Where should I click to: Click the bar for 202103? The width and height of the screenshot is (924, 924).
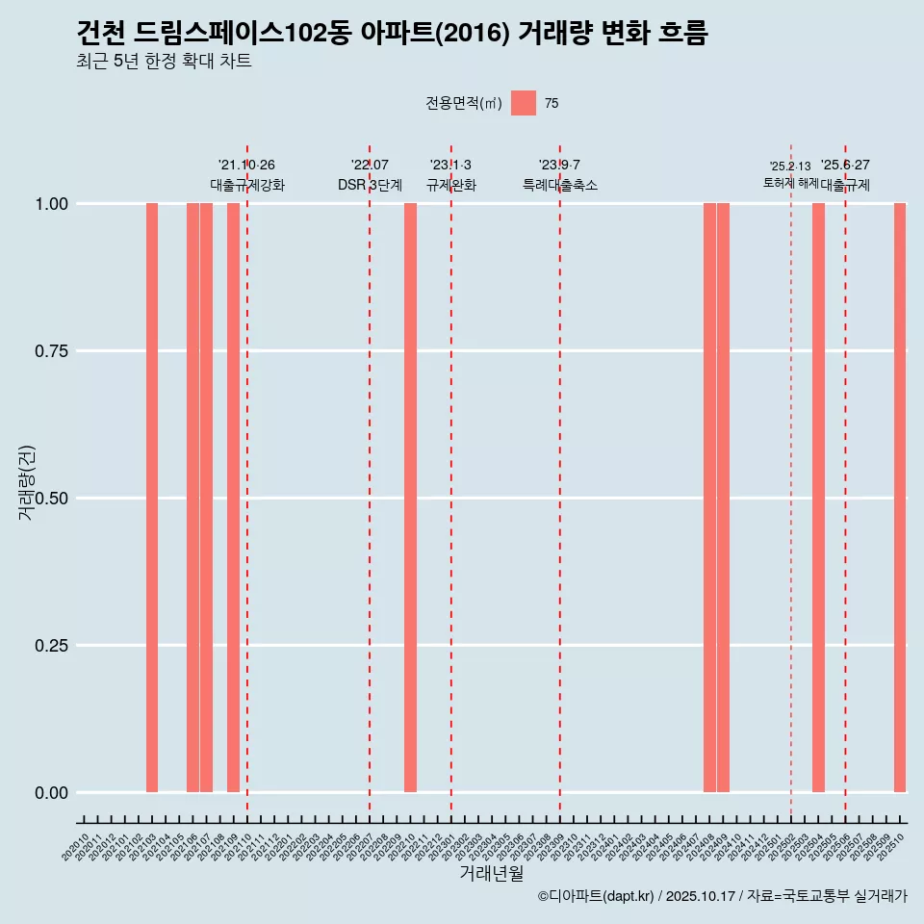[x=152, y=498]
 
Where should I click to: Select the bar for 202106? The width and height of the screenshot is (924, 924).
[x=192, y=498]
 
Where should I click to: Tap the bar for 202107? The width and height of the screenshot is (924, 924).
[x=206, y=498]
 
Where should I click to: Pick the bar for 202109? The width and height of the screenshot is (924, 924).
[x=233, y=498]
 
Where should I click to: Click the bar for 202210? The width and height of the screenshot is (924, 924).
[x=410, y=498]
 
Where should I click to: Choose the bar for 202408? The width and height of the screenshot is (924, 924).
[x=709, y=498]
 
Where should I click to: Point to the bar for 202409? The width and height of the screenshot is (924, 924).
[x=723, y=498]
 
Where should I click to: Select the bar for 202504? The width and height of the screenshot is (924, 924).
[x=818, y=498]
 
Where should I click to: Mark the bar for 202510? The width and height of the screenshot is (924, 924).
[x=900, y=498]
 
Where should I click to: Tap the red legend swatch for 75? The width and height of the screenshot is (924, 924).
[x=524, y=103]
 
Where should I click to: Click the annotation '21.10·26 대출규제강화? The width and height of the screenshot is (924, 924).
[x=247, y=175]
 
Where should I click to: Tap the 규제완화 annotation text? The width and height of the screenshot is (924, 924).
[x=451, y=185]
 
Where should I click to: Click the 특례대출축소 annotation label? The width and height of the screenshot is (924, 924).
[x=560, y=185]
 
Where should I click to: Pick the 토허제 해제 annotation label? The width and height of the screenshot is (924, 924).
[x=790, y=182]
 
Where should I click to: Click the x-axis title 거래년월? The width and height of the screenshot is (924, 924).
[x=492, y=874]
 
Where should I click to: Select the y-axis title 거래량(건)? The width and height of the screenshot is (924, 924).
[x=27, y=484]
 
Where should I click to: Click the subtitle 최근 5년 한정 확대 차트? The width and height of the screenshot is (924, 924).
[x=164, y=62]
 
